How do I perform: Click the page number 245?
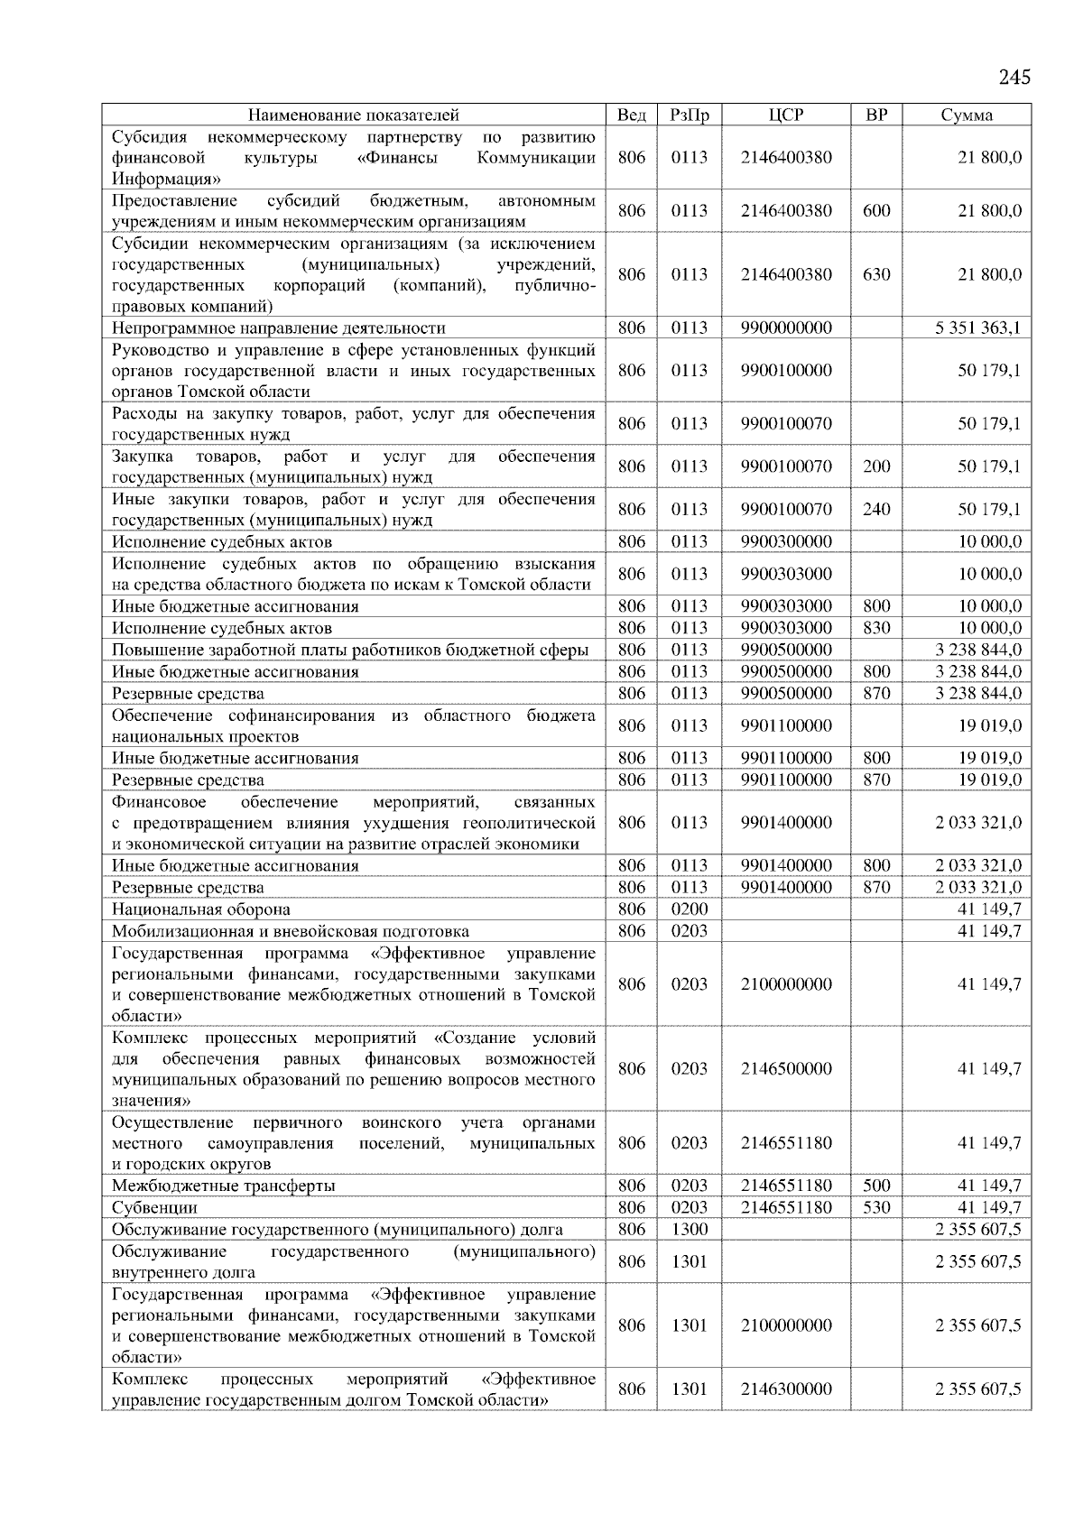click(1014, 78)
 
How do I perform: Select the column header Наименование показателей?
click(353, 115)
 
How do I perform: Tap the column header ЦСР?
click(786, 115)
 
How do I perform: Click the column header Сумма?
click(967, 115)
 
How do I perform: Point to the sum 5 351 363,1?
click(978, 328)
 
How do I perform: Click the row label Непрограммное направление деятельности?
click(278, 328)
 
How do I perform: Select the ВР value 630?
click(876, 274)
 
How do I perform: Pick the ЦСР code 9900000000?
click(786, 328)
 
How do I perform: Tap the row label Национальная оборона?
click(200, 909)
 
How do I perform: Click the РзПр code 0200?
click(690, 909)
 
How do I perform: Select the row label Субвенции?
click(154, 1207)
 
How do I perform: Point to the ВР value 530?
click(876, 1207)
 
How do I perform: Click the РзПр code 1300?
click(690, 1229)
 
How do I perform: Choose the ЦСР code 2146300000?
click(786, 1389)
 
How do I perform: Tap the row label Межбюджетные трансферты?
click(223, 1186)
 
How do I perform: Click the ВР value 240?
click(876, 509)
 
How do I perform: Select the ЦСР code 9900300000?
click(786, 541)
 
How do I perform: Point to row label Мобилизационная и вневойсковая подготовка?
click(290, 931)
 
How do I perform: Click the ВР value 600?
click(876, 210)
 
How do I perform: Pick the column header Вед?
click(632, 115)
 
